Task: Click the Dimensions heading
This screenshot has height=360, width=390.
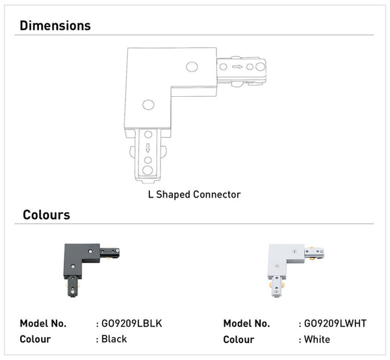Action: coord(55,26)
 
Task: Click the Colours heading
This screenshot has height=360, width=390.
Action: coord(46,214)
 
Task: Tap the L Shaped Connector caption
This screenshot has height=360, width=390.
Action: coord(194,194)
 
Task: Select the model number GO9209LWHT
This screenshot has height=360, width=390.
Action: coord(334,324)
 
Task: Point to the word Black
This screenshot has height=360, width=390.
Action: coord(114,339)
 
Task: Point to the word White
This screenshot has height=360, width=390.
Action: coord(317,339)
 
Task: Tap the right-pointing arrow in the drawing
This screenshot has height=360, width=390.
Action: coord(238,66)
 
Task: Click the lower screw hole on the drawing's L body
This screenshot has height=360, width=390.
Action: coord(148,104)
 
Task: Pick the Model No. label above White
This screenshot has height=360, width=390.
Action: coord(247,324)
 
